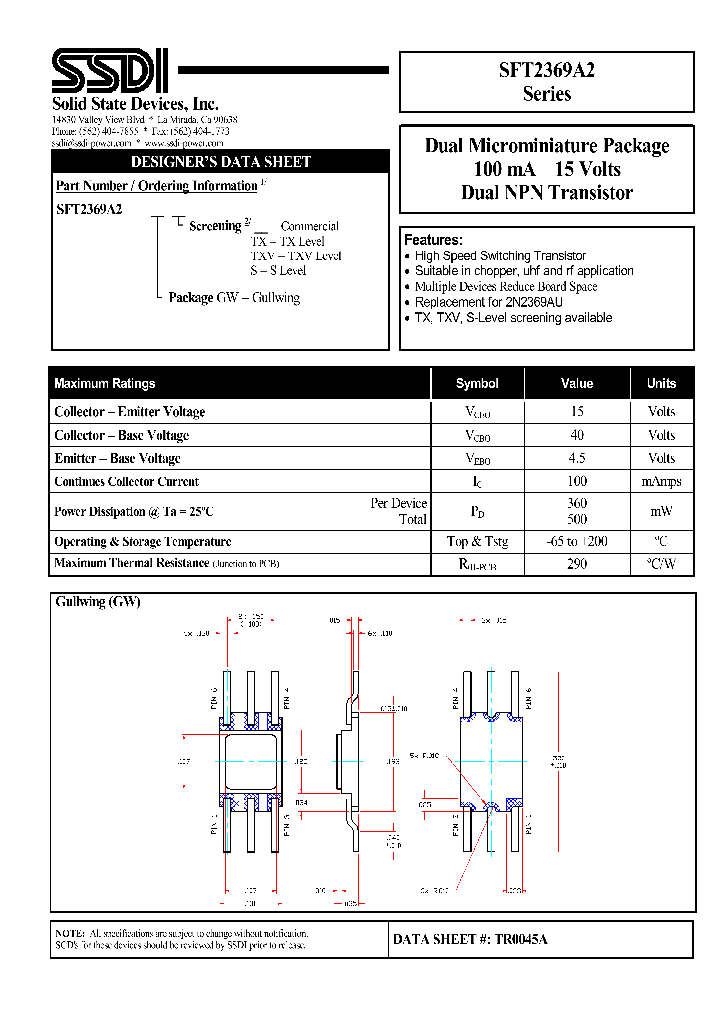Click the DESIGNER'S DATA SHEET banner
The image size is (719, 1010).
[x=221, y=162]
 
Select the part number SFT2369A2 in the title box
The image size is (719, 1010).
[x=546, y=70]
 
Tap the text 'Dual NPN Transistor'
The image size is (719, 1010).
[x=547, y=193]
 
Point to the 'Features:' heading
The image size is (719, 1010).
[x=433, y=240]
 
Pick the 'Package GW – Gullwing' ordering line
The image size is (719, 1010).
[x=234, y=297]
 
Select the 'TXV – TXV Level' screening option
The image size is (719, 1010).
[x=295, y=255]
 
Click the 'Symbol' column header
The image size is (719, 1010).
[x=477, y=384]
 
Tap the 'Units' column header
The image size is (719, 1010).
[x=661, y=384]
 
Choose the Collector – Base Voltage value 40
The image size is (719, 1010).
[x=577, y=435]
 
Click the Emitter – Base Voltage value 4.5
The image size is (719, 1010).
[x=577, y=458]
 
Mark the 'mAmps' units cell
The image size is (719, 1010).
[x=661, y=481]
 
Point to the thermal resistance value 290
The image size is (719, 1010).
[x=577, y=564]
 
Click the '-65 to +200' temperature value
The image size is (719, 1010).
[x=577, y=541]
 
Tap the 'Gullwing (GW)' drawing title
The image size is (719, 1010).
[x=98, y=602]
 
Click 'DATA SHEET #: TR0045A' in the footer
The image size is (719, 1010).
[x=470, y=939]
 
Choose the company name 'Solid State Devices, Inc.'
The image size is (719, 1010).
[x=135, y=104]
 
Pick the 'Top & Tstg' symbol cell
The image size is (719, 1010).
[x=477, y=541]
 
